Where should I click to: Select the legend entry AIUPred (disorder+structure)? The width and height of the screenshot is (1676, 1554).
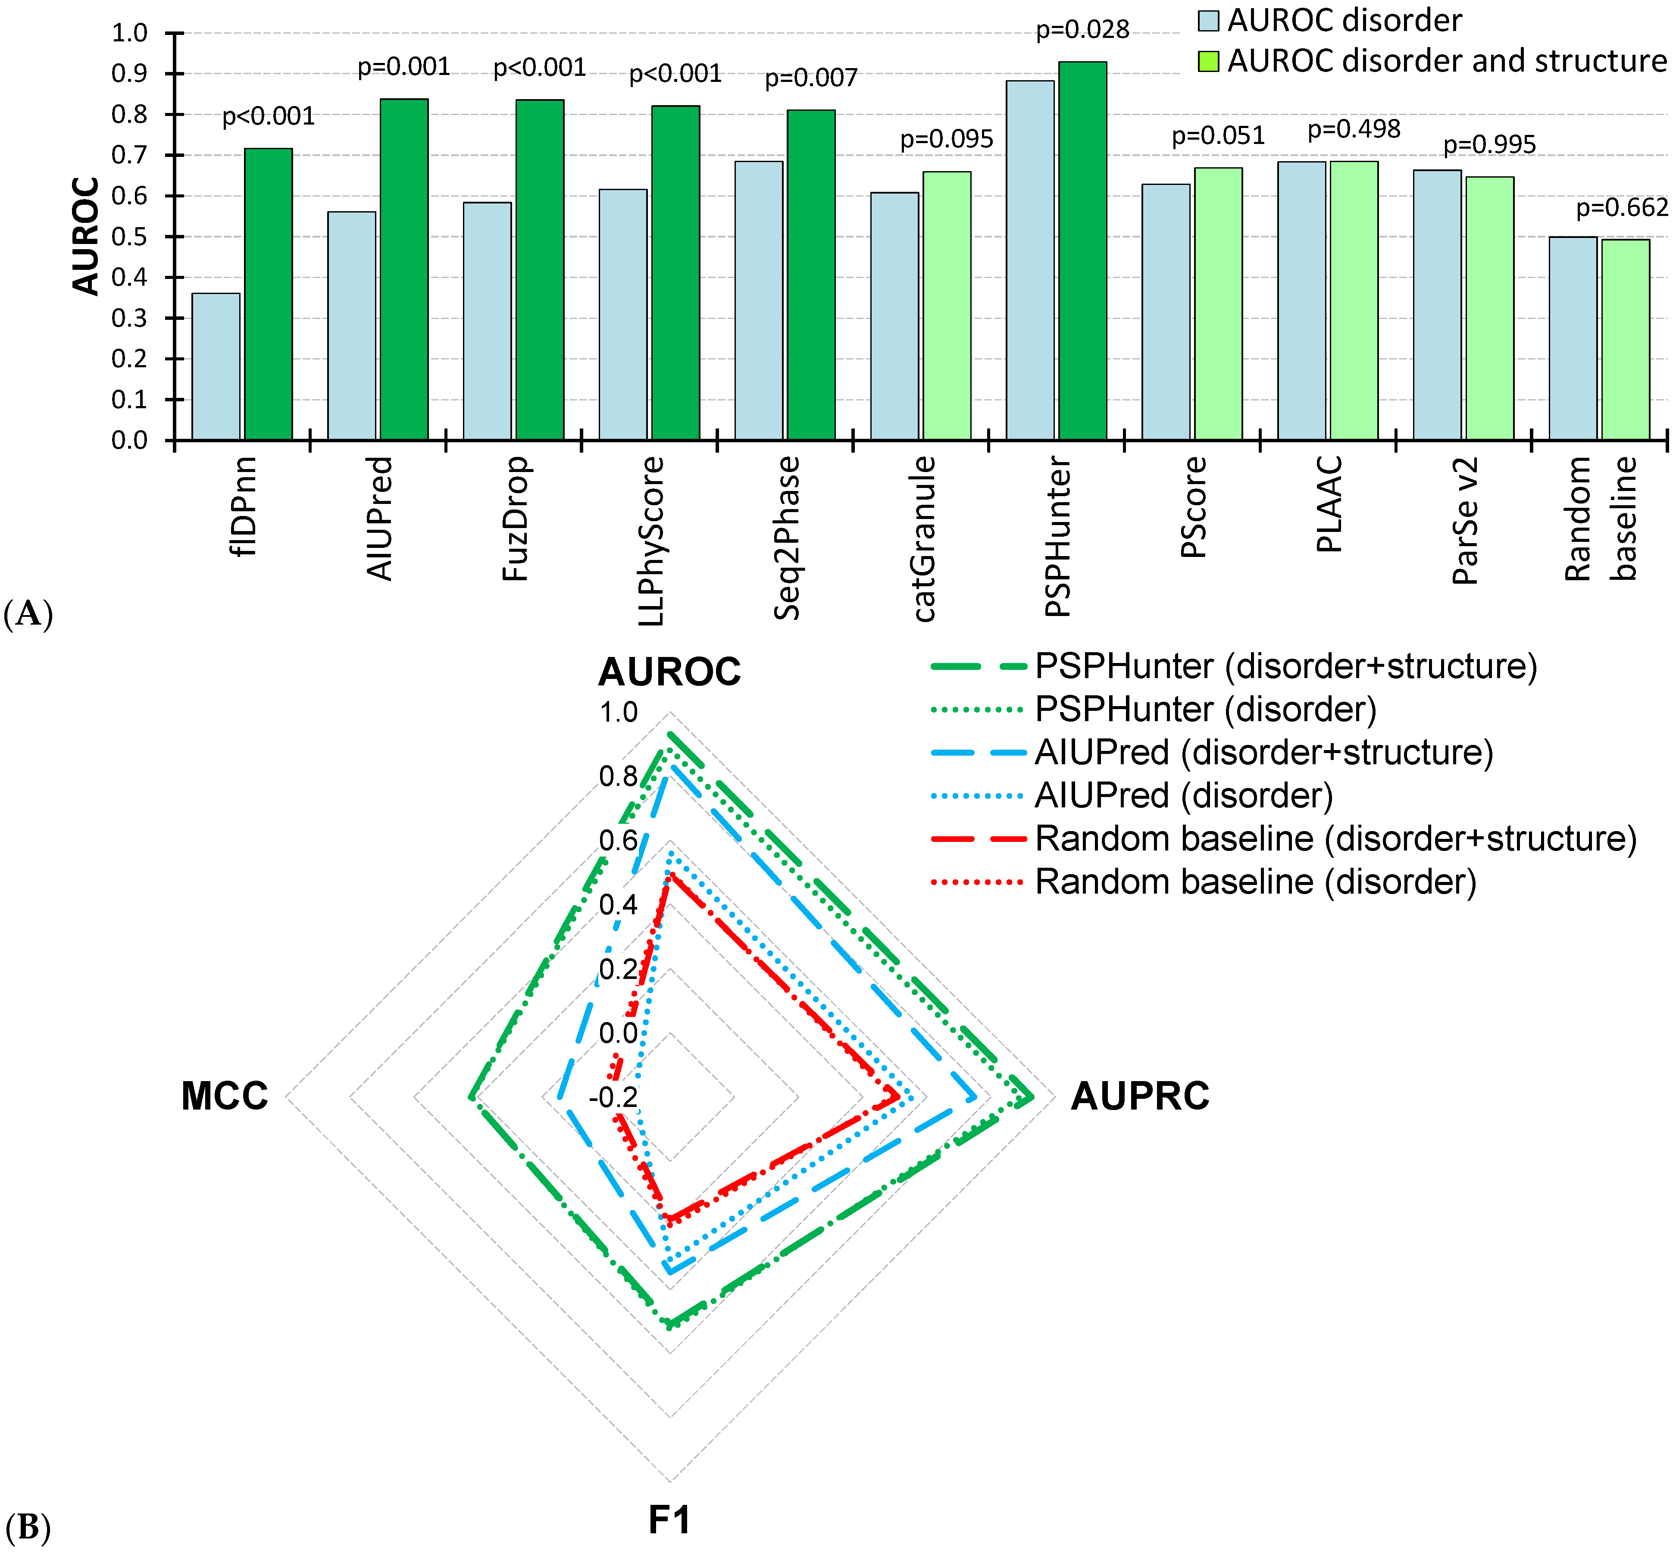pyautogui.click(x=1263, y=752)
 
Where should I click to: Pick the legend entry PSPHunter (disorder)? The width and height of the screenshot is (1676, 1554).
pyautogui.click(x=1205, y=709)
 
